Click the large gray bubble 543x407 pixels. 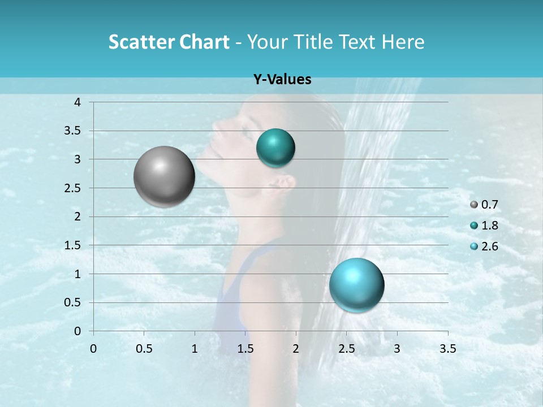[164, 176]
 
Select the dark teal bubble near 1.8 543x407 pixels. [275, 148]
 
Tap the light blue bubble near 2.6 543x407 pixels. [356, 284]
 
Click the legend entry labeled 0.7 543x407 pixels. [489, 204]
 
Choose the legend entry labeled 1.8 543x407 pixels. [489, 226]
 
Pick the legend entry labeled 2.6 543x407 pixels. [489, 246]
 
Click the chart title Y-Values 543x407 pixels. [282, 80]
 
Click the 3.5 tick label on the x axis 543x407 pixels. [447, 348]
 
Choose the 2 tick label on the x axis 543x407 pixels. [296, 348]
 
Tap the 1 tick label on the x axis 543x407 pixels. [195, 348]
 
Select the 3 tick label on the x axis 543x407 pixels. [397, 348]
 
